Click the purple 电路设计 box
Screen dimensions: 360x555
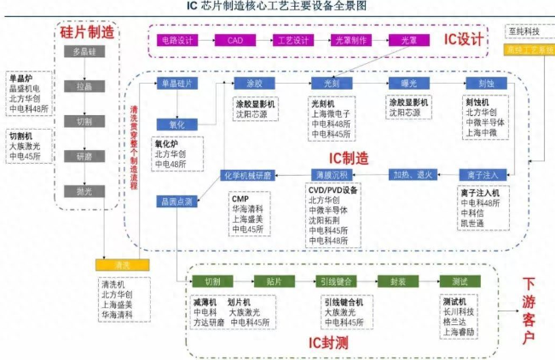[176, 39]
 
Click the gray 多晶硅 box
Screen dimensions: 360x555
[83, 53]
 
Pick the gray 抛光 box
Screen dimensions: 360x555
[83, 191]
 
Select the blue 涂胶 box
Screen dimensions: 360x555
[255, 83]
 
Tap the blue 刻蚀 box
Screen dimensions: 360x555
[484, 83]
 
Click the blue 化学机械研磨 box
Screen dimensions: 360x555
[246, 175]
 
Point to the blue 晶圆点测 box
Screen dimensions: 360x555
[176, 201]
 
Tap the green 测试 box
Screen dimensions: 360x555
[460, 282]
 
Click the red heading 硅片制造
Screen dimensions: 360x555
[86, 32]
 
